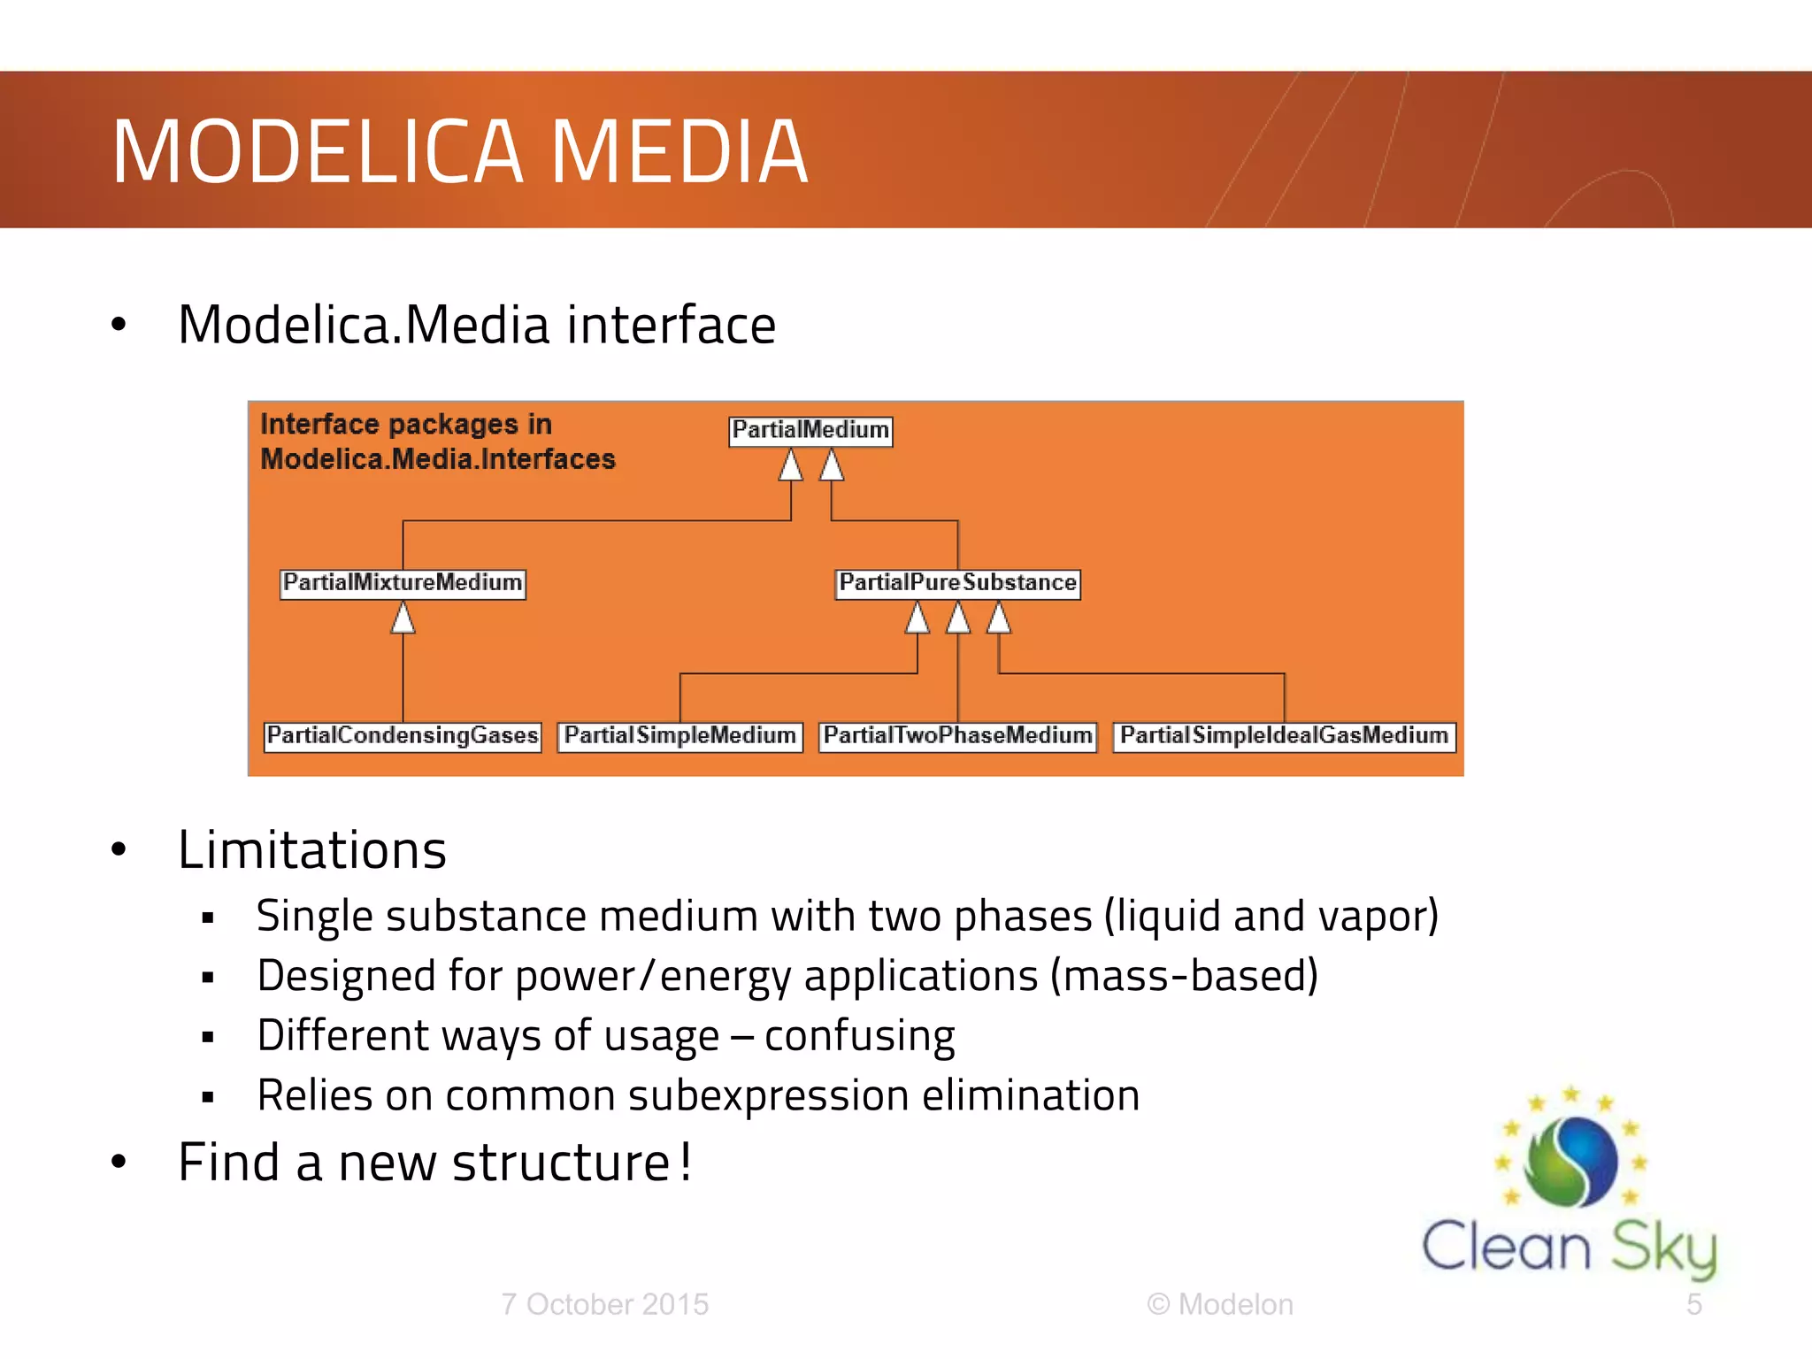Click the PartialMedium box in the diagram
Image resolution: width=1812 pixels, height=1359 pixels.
click(x=810, y=431)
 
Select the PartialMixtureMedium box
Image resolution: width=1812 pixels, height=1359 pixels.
click(x=403, y=584)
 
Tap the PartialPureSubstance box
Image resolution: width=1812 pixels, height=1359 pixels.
click(x=957, y=584)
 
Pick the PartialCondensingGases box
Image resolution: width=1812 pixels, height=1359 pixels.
click(x=403, y=736)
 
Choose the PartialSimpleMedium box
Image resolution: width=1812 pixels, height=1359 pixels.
click(x=679, y=736)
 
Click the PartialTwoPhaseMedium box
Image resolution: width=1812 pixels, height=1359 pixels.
click(x=957, y=736)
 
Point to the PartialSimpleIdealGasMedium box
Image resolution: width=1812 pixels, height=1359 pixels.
click(x=1284, y=736)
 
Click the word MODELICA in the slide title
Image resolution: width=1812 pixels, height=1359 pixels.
click(x=319, y=152)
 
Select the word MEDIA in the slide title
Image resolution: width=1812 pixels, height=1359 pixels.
click(x=679, y=152)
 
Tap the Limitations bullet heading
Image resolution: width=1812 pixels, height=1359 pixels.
click(x=312, y=850)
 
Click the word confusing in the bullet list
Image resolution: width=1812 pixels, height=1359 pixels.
click(x=859, y=1036)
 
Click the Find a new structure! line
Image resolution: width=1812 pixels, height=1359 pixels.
click(x=434, y=1163)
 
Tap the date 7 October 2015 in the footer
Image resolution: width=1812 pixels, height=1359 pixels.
click(x=605, y=1304)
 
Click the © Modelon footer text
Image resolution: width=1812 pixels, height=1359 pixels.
click(x=1220, y=1304)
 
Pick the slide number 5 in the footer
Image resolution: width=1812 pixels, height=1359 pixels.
click(x=1693, y=1304)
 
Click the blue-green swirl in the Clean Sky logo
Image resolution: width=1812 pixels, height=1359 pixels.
click(x=1571, y=1162)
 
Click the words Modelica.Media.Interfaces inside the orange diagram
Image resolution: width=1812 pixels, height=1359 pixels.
click(x=438, y=460)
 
